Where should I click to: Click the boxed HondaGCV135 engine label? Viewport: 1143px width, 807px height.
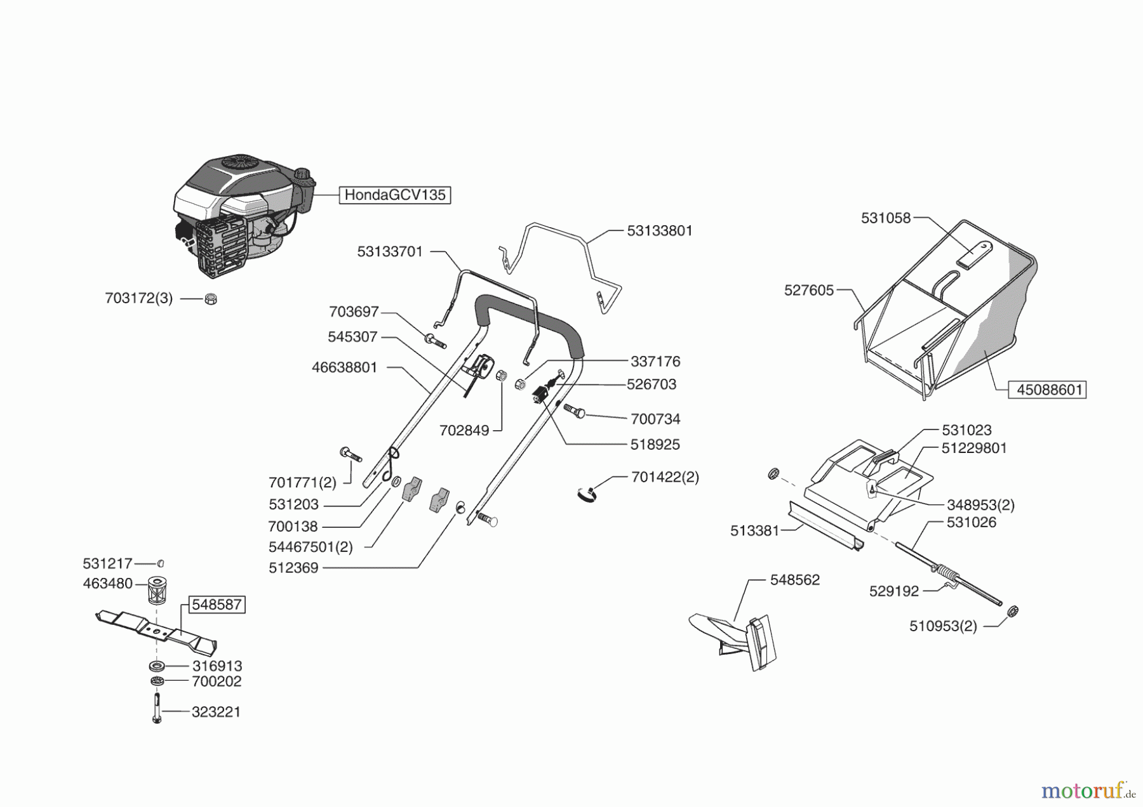[x=394, y=195]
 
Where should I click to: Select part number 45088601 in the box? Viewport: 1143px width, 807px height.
[x=1049, y=390]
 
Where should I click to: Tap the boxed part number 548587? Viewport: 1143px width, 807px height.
[x=217, y=605]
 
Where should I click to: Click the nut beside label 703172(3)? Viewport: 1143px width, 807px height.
[x=211, y=298]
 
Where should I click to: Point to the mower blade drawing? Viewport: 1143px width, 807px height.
[x=156, y=631]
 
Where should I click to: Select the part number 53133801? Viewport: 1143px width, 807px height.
[x=659, y=231]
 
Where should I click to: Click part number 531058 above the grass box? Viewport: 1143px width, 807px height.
[x=885, y=218]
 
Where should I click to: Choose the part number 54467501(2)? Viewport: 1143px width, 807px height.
[x=311, y=547]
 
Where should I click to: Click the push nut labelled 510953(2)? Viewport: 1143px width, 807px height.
[x=1013, y=612]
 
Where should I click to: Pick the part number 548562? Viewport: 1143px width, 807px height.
[x=794, y=580]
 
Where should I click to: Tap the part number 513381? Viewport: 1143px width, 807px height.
[x=754, y=530]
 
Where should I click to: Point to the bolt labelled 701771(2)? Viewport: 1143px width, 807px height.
[x=351, y=454]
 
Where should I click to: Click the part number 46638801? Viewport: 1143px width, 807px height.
[x=345, y=367]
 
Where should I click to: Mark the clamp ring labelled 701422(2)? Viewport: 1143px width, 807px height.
[x=587, y=493]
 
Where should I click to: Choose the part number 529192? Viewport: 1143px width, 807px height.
[x=893, y=591]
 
